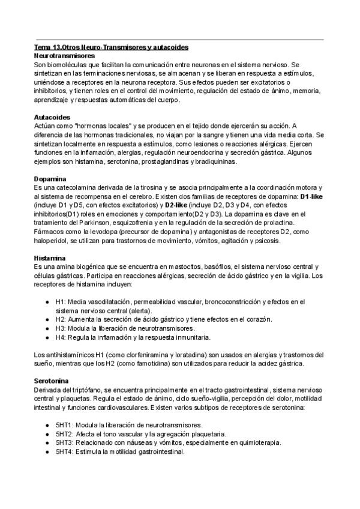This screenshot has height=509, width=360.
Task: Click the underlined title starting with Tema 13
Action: [x=112, y=47]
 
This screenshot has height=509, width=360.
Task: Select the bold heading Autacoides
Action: [x=52, y=117]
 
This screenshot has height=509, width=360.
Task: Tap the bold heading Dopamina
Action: [x=50, y=179]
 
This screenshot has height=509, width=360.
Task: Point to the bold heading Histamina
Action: [x=50, y=258]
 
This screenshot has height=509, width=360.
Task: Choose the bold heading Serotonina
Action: [x=52, y=381]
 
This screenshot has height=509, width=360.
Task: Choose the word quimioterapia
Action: [x=256, y=442]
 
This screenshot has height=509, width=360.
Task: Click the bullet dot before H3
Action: [x=47, y=329]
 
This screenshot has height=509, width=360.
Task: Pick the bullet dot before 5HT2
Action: [x=47, y=433]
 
